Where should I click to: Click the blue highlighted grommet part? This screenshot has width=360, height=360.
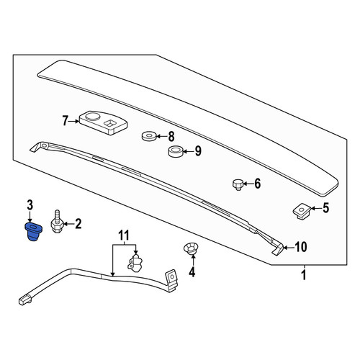tap(33, 232)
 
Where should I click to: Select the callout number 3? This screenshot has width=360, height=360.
tap(30, 205)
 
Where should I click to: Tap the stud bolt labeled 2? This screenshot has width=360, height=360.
tap(57, 222)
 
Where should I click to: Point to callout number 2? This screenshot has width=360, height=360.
tap(78, 224)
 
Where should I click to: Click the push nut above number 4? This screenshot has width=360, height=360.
tap(191, 248)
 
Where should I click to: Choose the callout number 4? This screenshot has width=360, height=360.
tap(192, 272)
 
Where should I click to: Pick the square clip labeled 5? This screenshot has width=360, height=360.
tap(302, 210)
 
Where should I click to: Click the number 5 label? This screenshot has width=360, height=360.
tap(325, 208)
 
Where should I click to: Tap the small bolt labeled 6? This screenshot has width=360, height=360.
tap(238, 184)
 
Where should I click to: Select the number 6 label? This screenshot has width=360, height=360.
tap(257, 184)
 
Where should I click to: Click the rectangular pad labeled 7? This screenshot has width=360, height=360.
tap(103, 122)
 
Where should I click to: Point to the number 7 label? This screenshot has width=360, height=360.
tap(65, 121)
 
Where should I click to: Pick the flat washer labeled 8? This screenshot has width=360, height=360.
tap(148, 136)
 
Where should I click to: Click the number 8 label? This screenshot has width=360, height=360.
tap(171, 137)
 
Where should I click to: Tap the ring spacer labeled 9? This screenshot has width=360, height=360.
tap(176, 151)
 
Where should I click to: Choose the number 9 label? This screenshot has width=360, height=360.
tap(198, 151)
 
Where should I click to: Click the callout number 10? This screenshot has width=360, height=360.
tap(300, 247)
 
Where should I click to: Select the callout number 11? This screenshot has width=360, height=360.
tap(124, 235)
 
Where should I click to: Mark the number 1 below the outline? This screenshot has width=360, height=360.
tap(304, 275)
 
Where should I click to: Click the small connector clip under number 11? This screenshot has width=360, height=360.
tap(135, 264)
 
